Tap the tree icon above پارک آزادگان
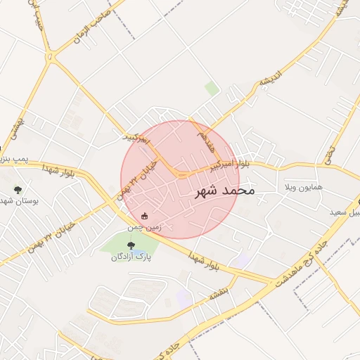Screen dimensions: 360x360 [x=131, y=245]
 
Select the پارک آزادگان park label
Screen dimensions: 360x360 [x=131, y=257]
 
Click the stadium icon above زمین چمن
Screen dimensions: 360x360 [x=145, y=216]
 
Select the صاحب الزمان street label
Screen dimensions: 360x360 [x=92, y=27]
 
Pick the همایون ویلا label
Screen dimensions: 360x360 [x=302, y=188]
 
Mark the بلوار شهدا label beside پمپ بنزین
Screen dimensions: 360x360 [x=58, y=168]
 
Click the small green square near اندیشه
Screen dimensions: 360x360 [x=212, y=88]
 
